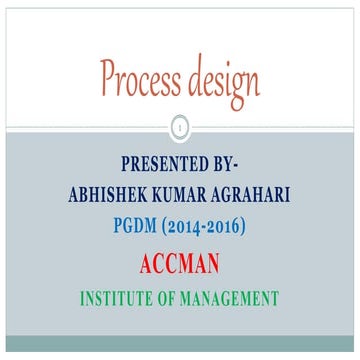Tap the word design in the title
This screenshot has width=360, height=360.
tap(220, 79)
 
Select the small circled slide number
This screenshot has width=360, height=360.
tap(180, 127)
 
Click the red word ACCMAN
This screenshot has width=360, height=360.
tap(180, 264)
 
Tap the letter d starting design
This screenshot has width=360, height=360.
tap(192, 76)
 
